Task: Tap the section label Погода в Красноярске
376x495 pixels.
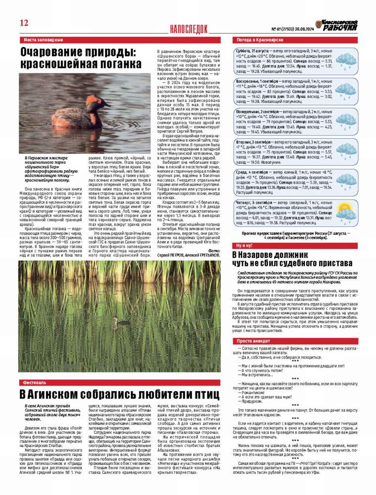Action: (x=259, y=39)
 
